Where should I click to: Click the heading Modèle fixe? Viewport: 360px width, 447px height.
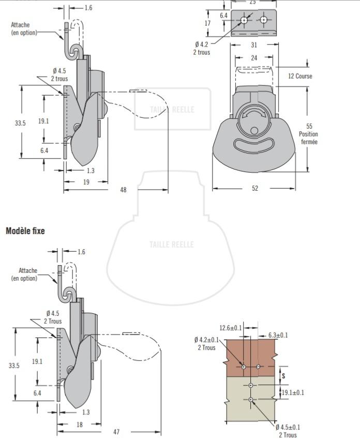(25, 230)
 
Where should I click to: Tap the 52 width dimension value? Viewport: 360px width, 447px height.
(254, 189)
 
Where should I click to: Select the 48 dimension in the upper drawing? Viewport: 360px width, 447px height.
(123, 190)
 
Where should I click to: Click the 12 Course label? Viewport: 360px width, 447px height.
(300, 76)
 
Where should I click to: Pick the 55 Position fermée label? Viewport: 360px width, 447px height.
(309, 134)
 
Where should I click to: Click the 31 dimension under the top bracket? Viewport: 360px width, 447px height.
(254, 45)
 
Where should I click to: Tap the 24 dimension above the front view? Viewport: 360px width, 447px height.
(254, 58)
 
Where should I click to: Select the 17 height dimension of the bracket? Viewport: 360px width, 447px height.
(207, 23)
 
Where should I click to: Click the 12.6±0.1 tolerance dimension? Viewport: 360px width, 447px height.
(230, 328)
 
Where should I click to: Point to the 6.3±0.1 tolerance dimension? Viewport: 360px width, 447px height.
(278, 335)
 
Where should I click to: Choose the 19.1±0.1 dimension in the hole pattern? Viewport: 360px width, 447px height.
(292, 393)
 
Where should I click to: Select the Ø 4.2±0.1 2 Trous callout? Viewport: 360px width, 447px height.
(206, 344)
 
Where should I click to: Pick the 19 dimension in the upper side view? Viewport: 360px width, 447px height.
(86, 182)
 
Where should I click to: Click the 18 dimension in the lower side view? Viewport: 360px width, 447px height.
(79, 424)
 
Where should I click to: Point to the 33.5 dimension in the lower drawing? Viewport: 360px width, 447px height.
(14, 365)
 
